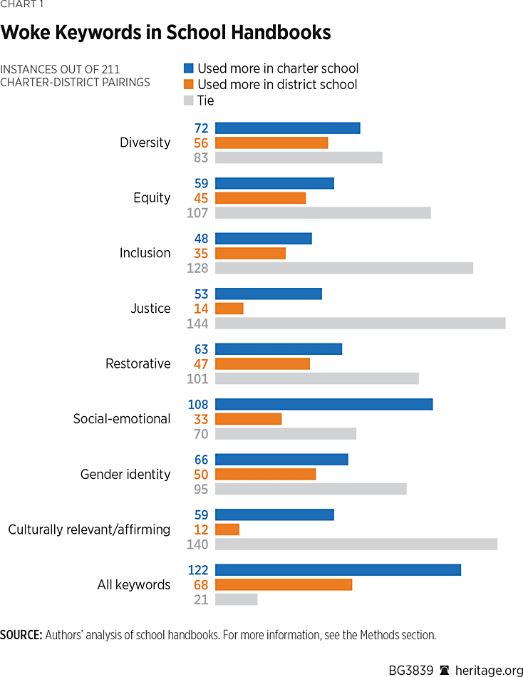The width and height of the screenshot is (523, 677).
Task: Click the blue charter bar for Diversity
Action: coord(287,128)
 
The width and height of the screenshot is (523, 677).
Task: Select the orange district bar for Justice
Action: coord(229,309)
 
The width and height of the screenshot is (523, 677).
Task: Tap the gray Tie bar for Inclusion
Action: coord(343,268)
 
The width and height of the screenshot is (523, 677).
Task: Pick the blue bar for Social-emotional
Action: coord(323,404)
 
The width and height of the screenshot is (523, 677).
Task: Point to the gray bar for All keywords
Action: coord(236,599)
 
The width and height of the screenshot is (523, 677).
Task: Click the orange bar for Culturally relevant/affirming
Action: coord(227,529)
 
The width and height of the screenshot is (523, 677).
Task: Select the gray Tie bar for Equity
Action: coord(323,212)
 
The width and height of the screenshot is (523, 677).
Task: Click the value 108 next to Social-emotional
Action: coord(197,404)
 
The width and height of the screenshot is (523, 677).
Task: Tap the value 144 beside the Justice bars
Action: coord(197,324)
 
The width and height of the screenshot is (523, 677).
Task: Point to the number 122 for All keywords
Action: coord(197,570)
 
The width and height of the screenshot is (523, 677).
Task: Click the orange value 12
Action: coord(200,529)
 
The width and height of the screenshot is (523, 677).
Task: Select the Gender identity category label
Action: coord(125,474)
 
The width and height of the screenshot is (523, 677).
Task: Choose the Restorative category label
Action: coord(138,363)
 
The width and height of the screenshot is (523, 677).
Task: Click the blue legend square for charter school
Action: coord(189,69)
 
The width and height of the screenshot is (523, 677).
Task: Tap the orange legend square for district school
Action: coord(189,85)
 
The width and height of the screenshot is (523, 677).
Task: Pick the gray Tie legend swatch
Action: coord(189,100)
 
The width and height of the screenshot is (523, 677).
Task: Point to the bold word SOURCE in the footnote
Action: coord(21,634)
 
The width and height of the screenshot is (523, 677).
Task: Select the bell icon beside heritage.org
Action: coord(445,670)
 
